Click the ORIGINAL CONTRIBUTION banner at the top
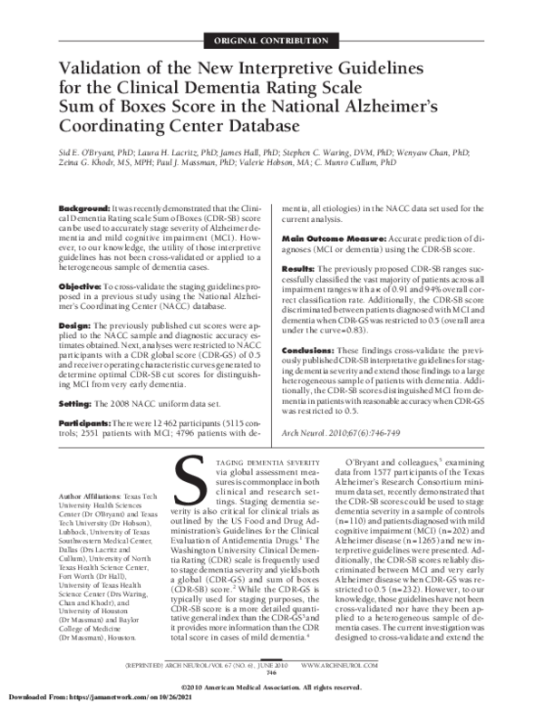coord(271,41)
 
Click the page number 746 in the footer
coord(271,673)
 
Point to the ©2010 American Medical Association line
coord(272,686)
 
